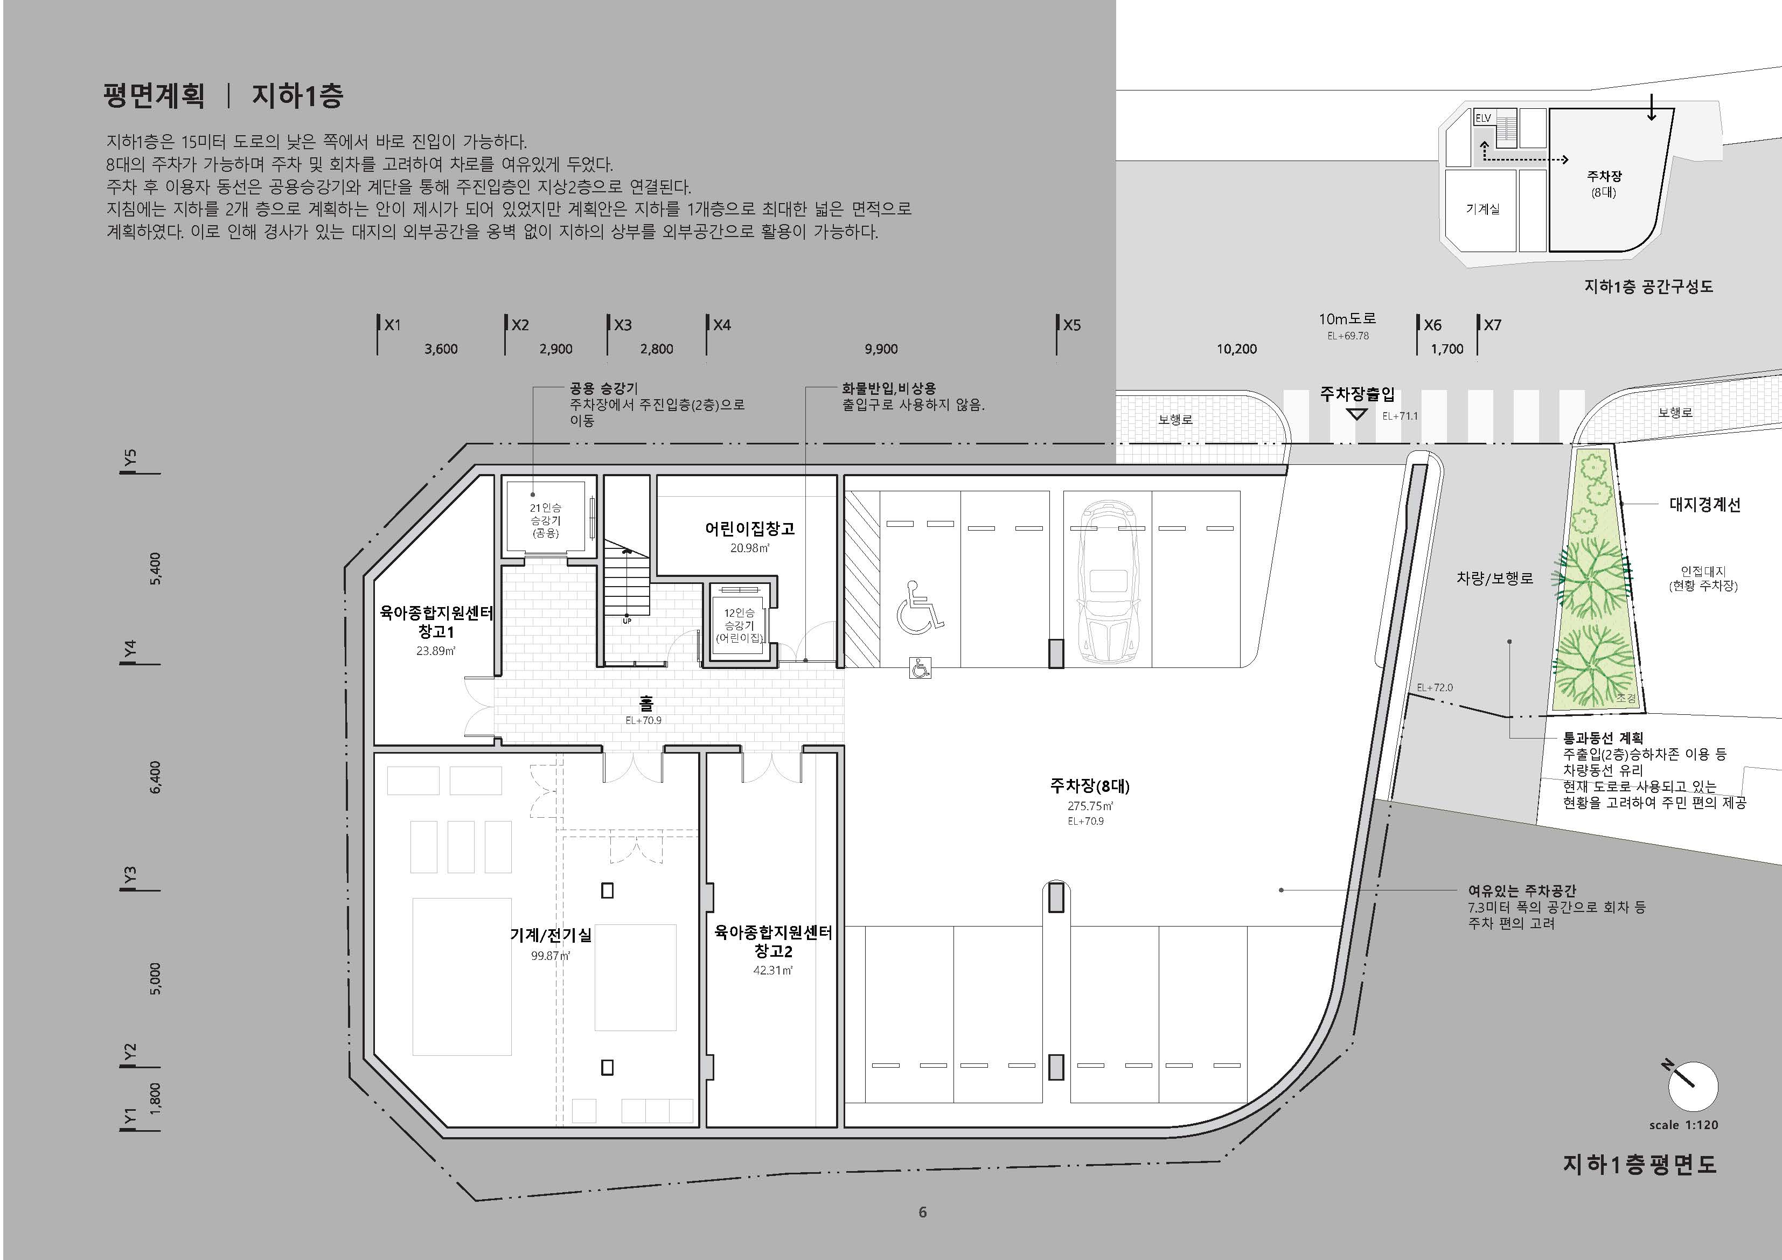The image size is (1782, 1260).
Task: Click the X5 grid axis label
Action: click(1072, 325)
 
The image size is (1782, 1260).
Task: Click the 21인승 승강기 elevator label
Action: click(546, 520)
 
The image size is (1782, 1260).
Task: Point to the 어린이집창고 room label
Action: click(750, 528)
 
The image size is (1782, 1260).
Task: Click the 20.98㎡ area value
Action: click(750, 548)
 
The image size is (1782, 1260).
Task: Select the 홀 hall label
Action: click(646, 704)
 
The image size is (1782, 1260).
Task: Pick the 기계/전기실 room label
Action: click(551, 935)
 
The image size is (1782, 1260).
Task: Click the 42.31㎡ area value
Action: click(773, 970)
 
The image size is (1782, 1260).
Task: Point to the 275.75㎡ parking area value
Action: click(1090, 806)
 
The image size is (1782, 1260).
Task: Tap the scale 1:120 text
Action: click(1684, 1125)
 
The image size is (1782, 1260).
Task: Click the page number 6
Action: click(923, 1212)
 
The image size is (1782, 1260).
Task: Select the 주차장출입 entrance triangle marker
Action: click(1356, 414)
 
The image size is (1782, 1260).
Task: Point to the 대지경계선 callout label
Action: click(1705, 505)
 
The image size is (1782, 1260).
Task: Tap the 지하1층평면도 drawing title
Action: click(1639, 1165)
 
